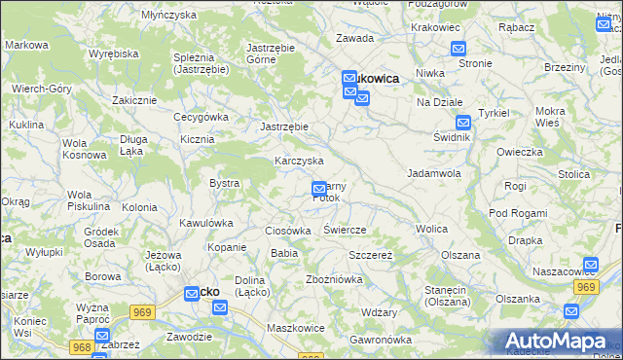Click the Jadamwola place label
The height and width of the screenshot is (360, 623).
pos(433,172)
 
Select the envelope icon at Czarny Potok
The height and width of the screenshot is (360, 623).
pos(318,188)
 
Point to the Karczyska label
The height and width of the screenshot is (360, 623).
pos(299,161)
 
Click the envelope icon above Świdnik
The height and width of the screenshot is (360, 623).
pos(463,123)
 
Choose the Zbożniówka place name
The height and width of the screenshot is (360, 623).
pos(334,279)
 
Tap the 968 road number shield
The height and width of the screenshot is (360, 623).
pos(81,346)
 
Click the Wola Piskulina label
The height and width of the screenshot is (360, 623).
pos(88,200)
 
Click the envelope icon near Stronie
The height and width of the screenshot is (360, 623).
pos(458,49)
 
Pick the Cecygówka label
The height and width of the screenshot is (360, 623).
pos(201,117)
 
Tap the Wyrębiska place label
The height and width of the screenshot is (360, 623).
pos(112,54)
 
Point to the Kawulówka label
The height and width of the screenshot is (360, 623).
pos(206,223)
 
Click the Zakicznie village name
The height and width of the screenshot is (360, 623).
pos(134,100)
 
